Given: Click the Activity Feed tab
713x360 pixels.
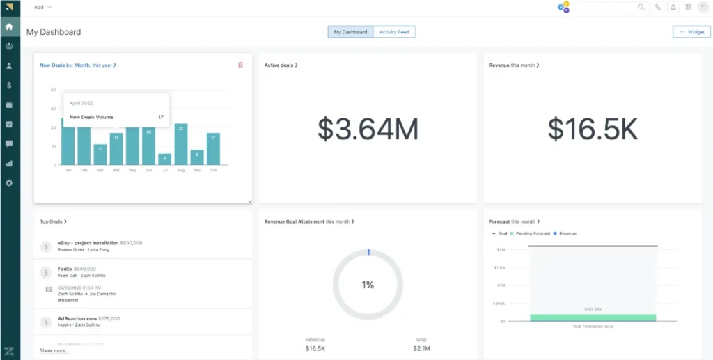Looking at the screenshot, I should (394, 32).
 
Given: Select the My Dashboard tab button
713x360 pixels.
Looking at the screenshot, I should (350, 32).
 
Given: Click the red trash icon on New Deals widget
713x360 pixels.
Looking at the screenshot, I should (240, 65).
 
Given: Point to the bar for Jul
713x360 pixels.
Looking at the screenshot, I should (164, 159).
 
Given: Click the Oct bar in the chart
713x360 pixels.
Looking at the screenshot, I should (213, 149).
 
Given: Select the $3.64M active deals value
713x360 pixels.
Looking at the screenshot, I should (368, 130).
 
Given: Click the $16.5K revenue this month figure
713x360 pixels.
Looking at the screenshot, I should (592, 130).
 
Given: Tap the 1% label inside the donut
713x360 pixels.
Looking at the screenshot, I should (368, 285).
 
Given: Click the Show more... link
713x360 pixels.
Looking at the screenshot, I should (54, 350).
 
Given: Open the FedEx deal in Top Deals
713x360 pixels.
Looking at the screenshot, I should (65, 268).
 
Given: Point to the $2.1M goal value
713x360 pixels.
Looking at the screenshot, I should (421, 347).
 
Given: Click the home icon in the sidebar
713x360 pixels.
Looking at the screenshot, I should (9, 27).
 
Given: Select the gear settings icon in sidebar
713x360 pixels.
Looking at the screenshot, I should (9, 183).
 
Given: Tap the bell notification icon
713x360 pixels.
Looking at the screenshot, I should (673, 7).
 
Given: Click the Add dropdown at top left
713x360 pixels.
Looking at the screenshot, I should (42, 7).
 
